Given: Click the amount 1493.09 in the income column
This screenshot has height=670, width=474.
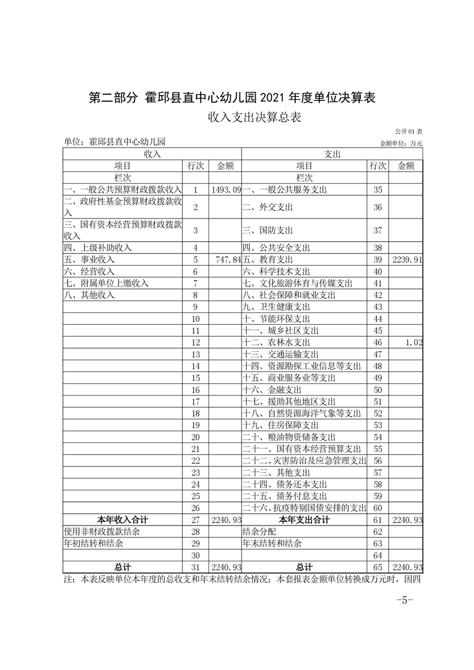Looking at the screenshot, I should pyautogui.click(x=226, y=189).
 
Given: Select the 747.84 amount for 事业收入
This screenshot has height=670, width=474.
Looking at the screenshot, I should pyautogui.click(x=226, y=260).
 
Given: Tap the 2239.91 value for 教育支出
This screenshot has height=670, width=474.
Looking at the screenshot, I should pyautogui.click(x=407, y=260).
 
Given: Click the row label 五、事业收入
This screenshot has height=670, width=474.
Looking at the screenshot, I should pyautogui.click(x=89, y=260).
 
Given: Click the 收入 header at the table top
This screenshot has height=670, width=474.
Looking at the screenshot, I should pyautogui.click(x=152, y=153).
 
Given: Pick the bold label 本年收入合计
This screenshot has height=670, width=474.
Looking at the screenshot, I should pyautogui.click(x=123, y=520).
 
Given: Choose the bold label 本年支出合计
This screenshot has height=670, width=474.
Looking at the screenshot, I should pyautogui.click(x=304, y=520).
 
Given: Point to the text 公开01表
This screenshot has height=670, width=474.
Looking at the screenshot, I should pyautogui.click(x=409, y=131).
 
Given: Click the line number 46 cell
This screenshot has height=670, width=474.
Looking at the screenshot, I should pyautogui.click(x=377, y=342).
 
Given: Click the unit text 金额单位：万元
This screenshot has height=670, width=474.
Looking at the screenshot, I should pyautogui.click(x=400, y=143).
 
